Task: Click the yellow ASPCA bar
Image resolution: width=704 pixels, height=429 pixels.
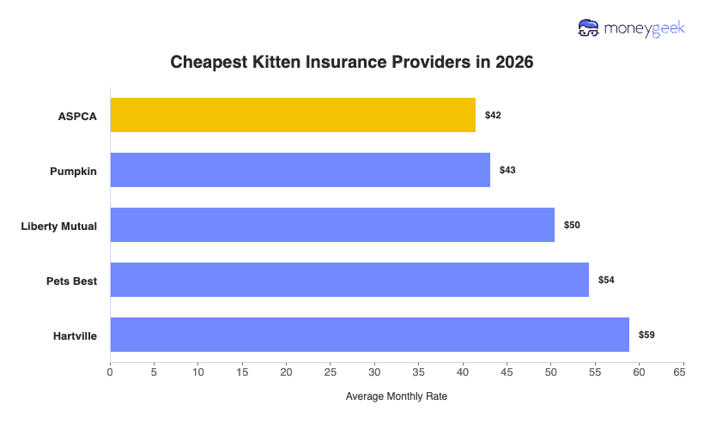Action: (x=293, y=115)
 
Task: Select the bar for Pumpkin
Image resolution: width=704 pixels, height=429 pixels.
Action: (x=300, y=170)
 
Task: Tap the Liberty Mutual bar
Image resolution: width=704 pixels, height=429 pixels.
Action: (x=332, y=225)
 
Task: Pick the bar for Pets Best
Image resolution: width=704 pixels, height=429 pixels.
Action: (x=349, y=280)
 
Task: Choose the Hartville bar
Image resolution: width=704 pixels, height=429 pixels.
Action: (x=369, y=335)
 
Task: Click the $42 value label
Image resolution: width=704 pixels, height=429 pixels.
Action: (x=493, y=115)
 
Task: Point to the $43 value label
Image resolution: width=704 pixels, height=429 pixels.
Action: (x=507, y=170)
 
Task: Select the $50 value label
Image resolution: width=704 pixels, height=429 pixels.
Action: (x=572, y=225)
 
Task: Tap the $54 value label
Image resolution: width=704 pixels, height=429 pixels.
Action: (x=606, y=280)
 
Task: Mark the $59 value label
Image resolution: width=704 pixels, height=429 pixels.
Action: (x=646, y=335)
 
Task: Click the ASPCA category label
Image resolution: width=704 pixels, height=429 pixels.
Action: (x=77, y=116)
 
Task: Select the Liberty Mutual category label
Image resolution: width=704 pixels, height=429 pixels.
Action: (x=59, y=226)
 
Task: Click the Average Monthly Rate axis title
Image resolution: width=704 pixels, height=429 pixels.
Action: (x=396, y=396)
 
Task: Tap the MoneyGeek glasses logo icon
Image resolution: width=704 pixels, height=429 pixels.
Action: (x=589, y=28)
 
